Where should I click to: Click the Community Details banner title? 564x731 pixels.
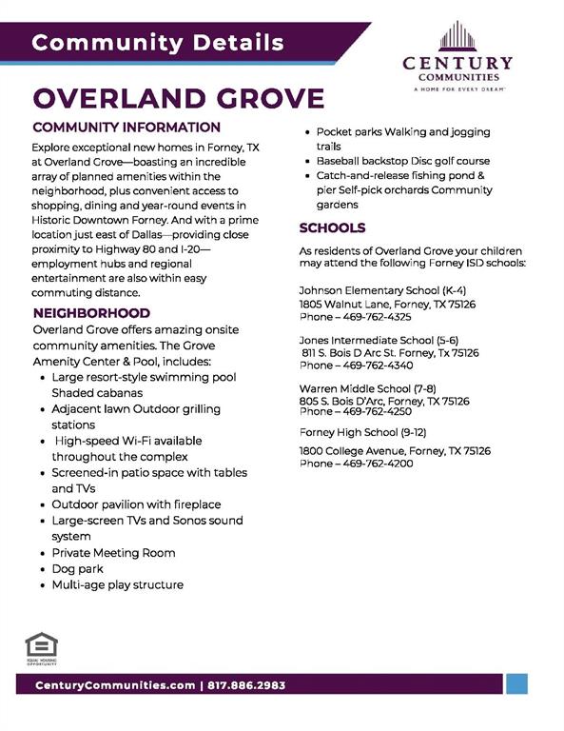click(157, 43)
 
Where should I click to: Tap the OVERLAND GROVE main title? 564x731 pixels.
click(179, 98)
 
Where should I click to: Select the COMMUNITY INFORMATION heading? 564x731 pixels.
click(126, 128)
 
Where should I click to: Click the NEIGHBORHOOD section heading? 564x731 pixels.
click(91, 312)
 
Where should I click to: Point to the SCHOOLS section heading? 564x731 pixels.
click(332, 228)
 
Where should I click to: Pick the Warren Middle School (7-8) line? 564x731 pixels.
click(367, 389)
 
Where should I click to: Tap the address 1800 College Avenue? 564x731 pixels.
click(359, 450)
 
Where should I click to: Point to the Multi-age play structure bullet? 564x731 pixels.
click(117, 584)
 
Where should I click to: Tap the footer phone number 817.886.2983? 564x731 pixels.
click(244, 685)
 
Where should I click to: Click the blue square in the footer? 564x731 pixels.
click(516, 684)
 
